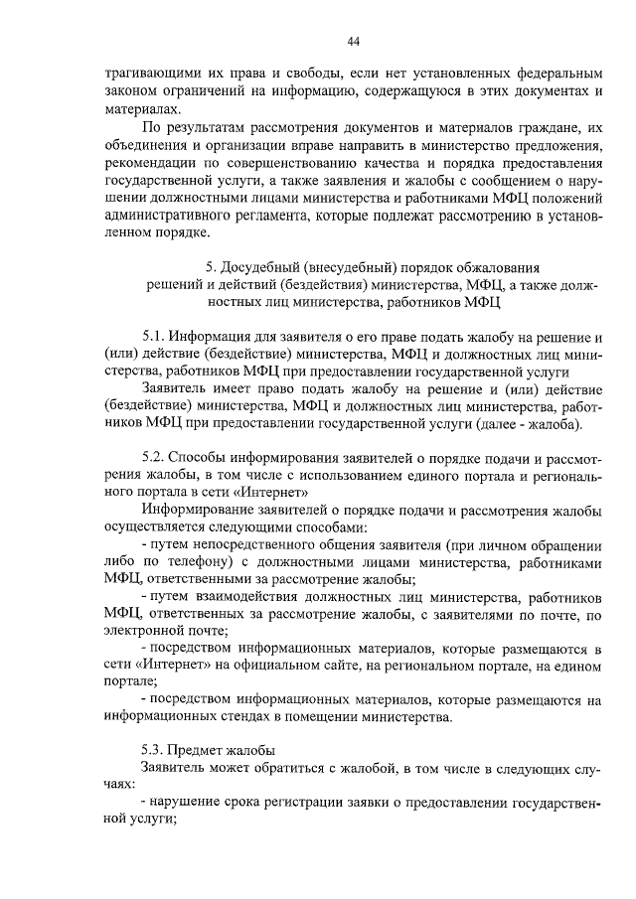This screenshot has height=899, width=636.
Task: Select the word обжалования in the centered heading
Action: [493, 267]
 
